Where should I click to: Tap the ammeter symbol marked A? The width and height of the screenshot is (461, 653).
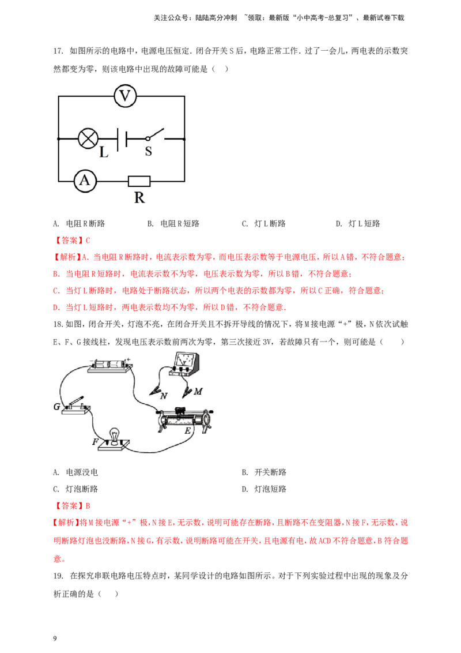[x=85, y=181]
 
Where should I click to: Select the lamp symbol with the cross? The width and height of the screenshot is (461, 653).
[x=88, y=138]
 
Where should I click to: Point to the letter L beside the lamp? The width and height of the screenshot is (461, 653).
[x=103, y=153]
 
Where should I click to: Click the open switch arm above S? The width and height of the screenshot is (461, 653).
[x=156, y=133]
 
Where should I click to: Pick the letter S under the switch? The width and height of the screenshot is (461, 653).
[x=148, y=151]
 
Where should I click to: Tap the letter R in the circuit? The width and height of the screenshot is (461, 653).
[x=140, y=198]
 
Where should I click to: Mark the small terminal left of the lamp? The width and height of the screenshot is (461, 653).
[x=58, y=138]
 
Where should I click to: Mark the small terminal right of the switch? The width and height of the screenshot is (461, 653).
[x=184, y=138]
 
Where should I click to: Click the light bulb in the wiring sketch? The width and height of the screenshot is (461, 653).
[x=113, y=436]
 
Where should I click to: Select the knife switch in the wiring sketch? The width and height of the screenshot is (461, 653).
[x=70, y=404]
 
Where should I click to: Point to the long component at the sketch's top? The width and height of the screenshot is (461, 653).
[x=109, y=363]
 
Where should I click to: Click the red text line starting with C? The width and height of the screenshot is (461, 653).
[x=219, y=291]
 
